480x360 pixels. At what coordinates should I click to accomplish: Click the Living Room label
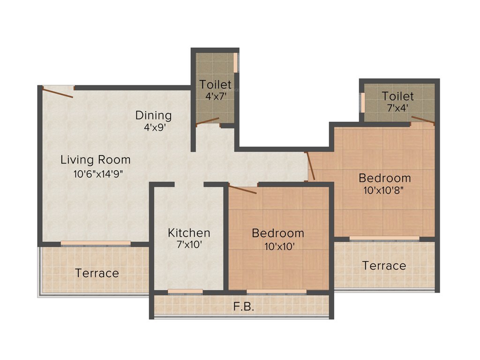[95, 160]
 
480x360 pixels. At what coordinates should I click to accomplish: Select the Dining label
[153, 115]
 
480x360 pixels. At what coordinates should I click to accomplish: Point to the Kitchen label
[189, 232]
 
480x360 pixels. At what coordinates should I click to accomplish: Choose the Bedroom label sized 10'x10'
[277, 233]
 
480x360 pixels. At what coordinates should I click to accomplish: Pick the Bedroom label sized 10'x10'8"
[384, 178]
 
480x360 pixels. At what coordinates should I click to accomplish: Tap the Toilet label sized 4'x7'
[215, 85]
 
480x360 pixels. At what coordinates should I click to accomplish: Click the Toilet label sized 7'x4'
[397, 97]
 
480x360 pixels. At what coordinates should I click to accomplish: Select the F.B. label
[243, 307]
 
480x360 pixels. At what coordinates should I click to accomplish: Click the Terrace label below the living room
[97, 273]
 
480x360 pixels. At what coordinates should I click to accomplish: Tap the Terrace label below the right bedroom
[384, 266]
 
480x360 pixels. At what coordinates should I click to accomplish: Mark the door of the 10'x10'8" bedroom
[310, 166]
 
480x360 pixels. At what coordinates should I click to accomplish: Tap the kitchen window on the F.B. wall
[185, 292]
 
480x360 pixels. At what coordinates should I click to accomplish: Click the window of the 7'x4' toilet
[362, 102]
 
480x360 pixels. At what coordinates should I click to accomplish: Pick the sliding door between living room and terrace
[96, 243]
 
